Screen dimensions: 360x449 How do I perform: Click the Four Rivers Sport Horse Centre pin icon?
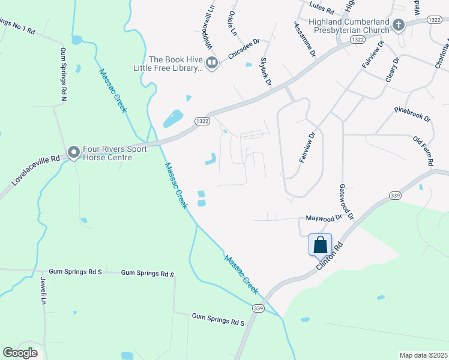[x=74, y=152]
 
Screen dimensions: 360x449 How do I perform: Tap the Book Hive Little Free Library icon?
[x=211, y=62]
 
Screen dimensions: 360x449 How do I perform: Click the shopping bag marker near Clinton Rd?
[x=321, y=245]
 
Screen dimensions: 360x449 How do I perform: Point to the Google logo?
[x=19, y=353]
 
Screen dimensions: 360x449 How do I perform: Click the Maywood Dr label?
[x=324, y=218]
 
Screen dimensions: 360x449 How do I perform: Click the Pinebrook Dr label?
[x=412, y=114]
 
